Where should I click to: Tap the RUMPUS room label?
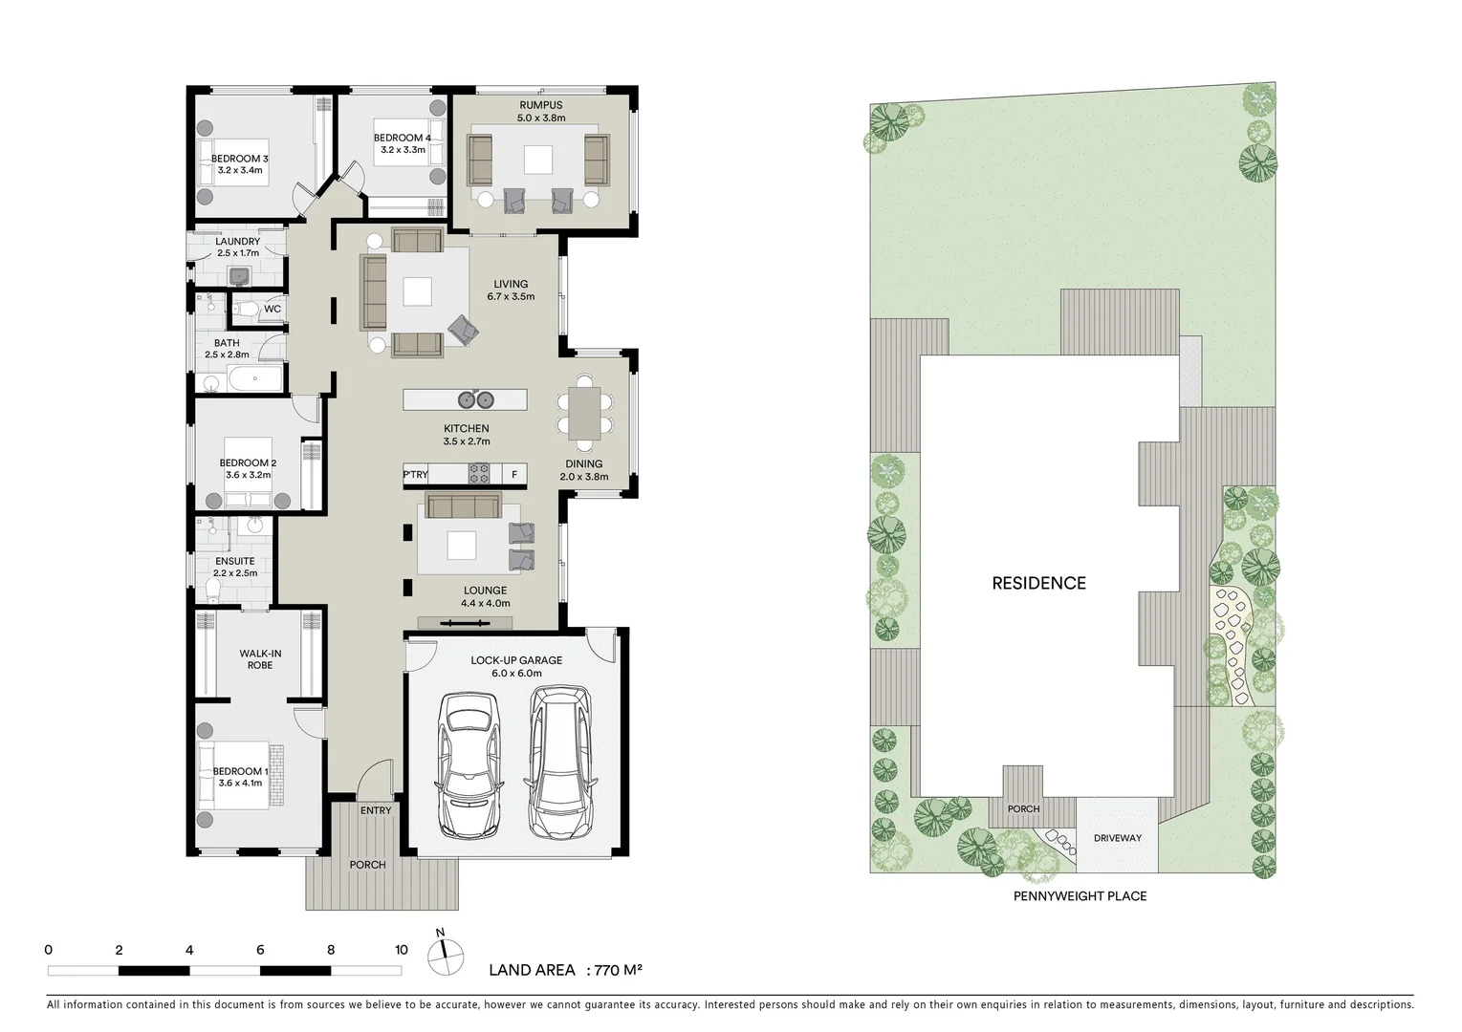pos(540,105)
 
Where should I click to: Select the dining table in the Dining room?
pos(583,413)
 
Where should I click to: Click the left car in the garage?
pos(469,764)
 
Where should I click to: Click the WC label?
pos(273,309)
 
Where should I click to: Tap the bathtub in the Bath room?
pos(255,379)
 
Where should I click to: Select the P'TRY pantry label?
pos(415,474)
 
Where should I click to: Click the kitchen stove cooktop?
pos(478,474)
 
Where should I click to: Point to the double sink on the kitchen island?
pos(475,399)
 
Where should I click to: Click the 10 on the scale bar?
pos(402,950)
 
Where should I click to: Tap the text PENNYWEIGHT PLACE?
pos(1080,896)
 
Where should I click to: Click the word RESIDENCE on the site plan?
pos(1038,583)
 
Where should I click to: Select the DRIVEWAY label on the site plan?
pos(1117,838)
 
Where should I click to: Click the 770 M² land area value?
pos(618,970)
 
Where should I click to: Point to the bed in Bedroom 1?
pos(234,776)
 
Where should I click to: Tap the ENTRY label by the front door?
pos(376,810)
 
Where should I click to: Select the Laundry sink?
pos(239,276)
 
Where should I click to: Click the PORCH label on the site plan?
pos(1023,808)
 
